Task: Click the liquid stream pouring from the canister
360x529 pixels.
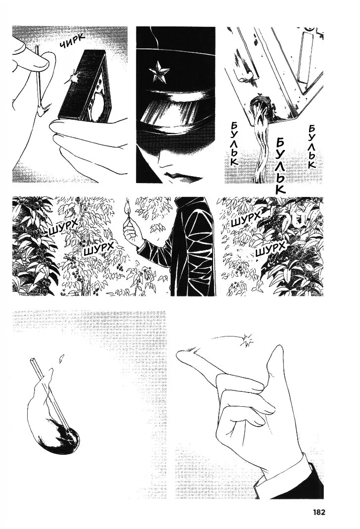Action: click(264, 142)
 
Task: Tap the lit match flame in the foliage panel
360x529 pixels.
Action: click(128, 206)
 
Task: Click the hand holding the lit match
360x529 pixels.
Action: click(133, 230)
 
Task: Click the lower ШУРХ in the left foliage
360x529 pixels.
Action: click(97, 250)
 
